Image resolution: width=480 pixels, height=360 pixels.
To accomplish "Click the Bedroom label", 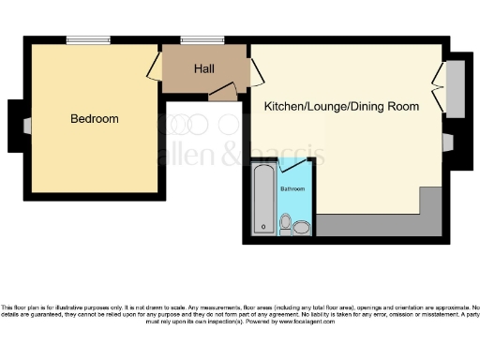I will pyautogui.click(x=95, y=119).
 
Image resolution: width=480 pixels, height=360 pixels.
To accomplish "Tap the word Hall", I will pyautogui.click(x=204, y=69).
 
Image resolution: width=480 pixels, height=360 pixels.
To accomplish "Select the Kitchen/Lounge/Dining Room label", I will pyautogui.click(x=341, y=107).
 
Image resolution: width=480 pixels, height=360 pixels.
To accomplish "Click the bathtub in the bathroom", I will pyautogui.click(x=263, y=199).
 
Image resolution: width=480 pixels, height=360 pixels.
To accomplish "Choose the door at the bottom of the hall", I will pyautogui.click(x=222, y=91).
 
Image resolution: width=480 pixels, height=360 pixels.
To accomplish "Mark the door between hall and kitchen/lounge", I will pyautogui.click(x=254, y=75).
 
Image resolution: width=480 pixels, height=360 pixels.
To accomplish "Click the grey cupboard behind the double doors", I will pyautogui.click(x=455, y=88).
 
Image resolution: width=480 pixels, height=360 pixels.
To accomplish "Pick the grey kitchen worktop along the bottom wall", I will pyautogui.click(x=375, y=224).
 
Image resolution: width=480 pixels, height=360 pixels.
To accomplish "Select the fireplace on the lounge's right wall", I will pyautogui.click(x=448, y=142).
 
